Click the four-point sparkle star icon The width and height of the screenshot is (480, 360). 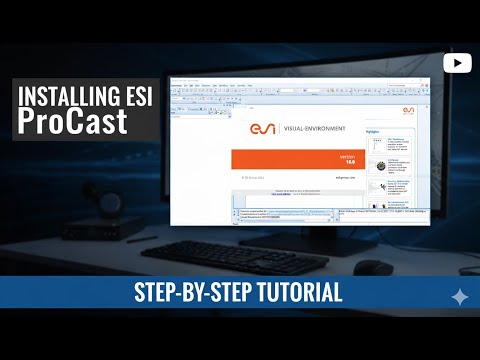(459, 296)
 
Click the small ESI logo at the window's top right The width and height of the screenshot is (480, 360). (408, 110)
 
